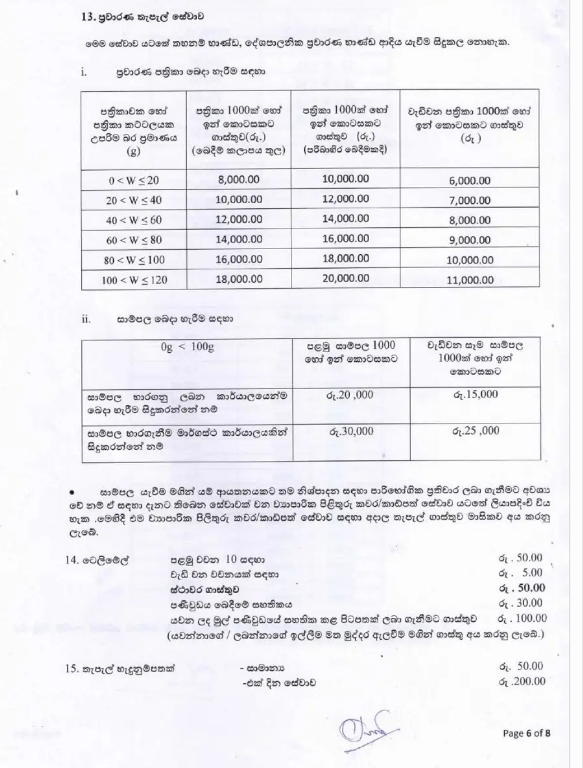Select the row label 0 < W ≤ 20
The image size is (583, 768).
point(134,180)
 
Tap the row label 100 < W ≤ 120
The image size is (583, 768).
point(134,280)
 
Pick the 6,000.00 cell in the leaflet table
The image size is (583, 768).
point(470,181)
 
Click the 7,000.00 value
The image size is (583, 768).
point(470,200)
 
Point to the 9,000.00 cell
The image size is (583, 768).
point(470,240)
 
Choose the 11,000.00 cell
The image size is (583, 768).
point(470,280)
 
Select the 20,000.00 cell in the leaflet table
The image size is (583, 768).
point(346,278)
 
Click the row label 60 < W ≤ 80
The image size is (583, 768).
point(134,240)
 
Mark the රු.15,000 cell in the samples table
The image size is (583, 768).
point(475,395)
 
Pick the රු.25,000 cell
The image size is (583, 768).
point(475,431)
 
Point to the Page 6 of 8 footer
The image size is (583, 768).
point(527,733)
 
